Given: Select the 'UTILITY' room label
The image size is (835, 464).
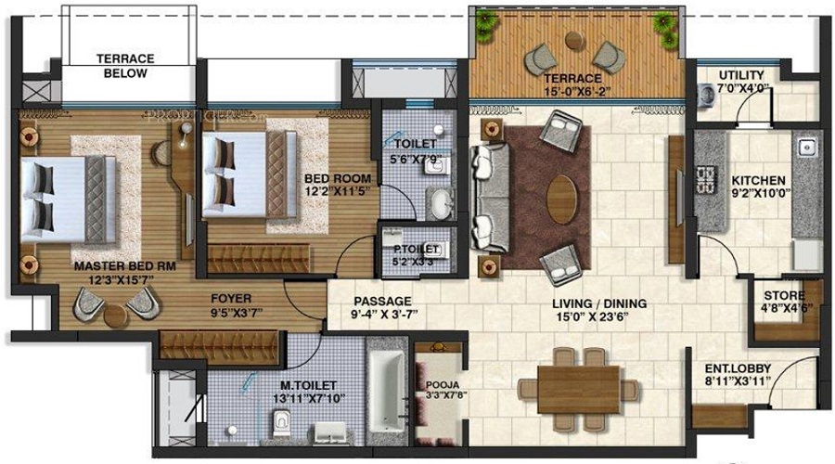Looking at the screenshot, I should (741, 75).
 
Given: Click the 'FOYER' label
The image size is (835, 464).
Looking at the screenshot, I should (231, 299).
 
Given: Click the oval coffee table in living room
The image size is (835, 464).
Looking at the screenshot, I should (561, 197).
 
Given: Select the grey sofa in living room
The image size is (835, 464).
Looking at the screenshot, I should (485, 197).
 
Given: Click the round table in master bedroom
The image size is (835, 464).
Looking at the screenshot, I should (115, 315).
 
